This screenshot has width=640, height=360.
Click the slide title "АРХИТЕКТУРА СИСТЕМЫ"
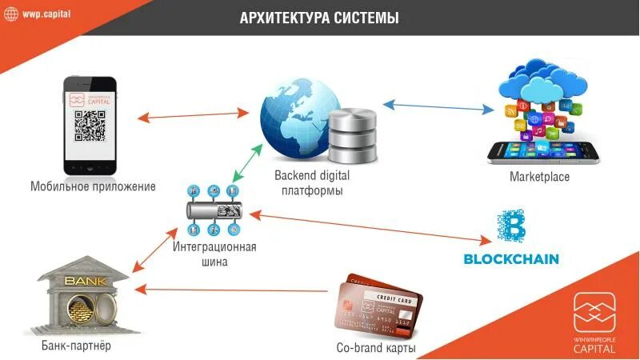[319, 18]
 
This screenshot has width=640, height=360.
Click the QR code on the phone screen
[90, 126]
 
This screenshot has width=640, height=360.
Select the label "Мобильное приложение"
[93, 187]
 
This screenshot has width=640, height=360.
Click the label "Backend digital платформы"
[312, 182]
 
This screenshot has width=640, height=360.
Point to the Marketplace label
[539, 177]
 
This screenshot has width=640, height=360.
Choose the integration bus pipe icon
[212, 212]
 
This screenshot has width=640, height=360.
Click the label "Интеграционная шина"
[214, 254]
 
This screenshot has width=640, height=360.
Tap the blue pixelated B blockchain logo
[511, 226]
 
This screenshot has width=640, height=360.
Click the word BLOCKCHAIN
[511, 259]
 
